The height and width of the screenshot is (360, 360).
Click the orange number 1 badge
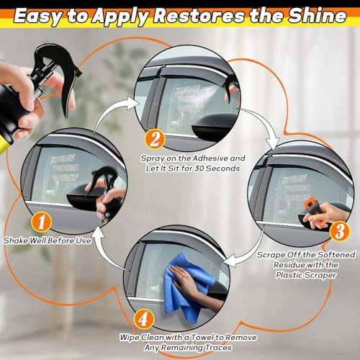click(41, 222)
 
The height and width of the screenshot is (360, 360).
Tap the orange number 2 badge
click(155, 139)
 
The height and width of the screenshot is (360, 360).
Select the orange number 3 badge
click(340, 230)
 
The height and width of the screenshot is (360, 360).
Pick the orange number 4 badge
click(143, 319)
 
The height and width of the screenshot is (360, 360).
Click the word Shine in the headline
click(318, 16)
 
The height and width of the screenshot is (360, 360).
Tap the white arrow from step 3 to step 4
click(250, 254)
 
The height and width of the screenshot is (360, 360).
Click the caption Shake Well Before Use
click(48, 240)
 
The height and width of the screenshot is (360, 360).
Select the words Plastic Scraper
click(306, 275)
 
